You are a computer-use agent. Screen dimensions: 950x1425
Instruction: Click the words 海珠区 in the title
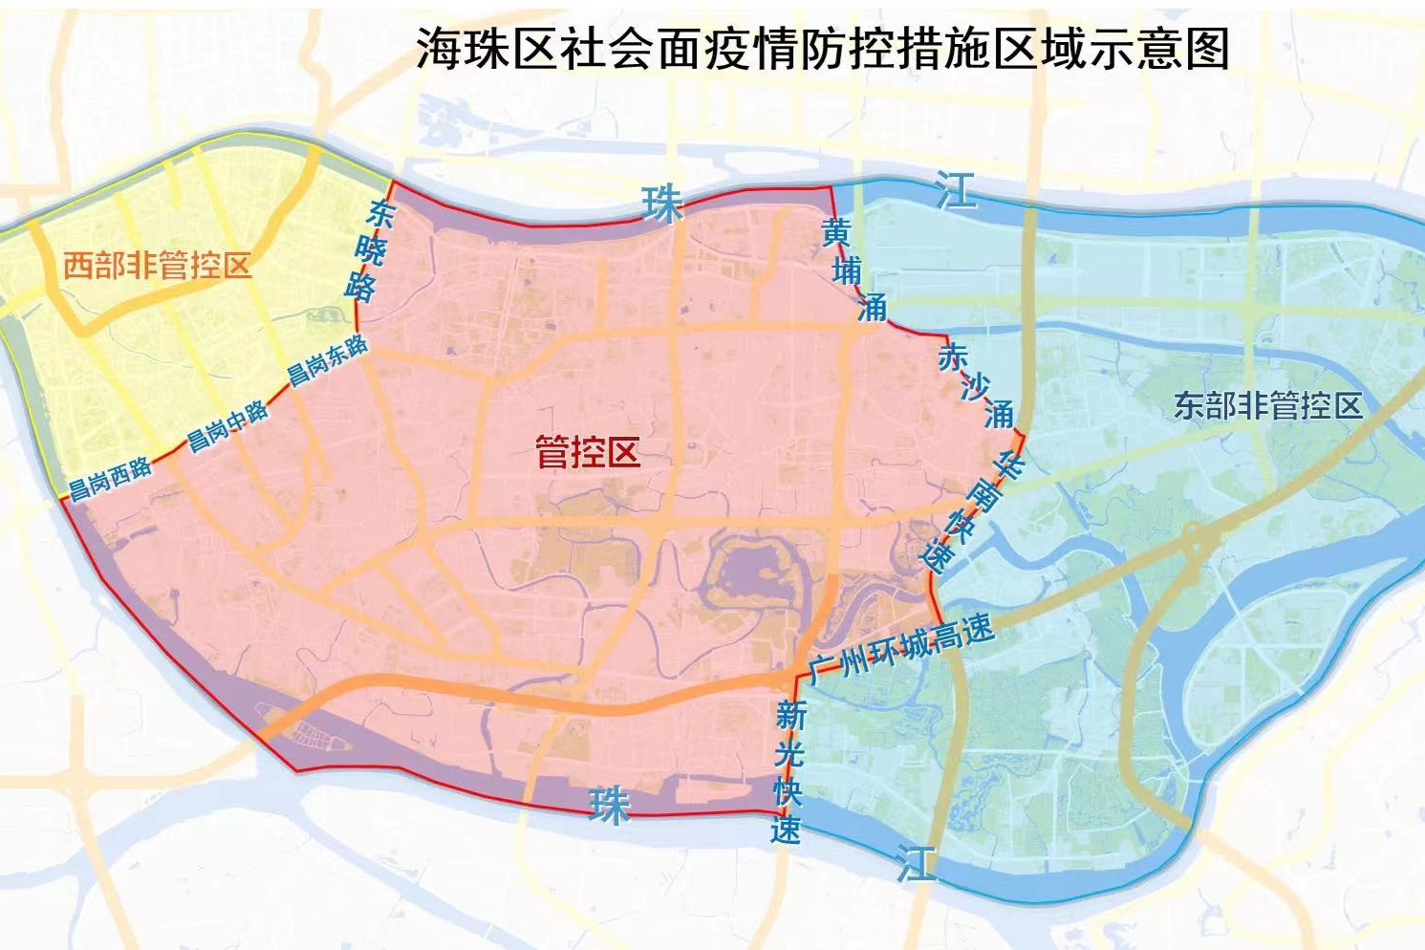[487, 48]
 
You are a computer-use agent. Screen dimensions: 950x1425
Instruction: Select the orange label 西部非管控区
[158, 265]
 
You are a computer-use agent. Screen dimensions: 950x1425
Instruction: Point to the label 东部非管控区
[1267, 406]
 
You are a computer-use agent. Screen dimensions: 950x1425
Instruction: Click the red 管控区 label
[587, 452]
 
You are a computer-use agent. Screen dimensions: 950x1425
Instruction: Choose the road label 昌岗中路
[227, 426]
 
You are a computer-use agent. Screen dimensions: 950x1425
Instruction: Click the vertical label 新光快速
[788, 772]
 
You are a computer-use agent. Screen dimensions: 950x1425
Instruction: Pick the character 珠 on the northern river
[662, 203]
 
